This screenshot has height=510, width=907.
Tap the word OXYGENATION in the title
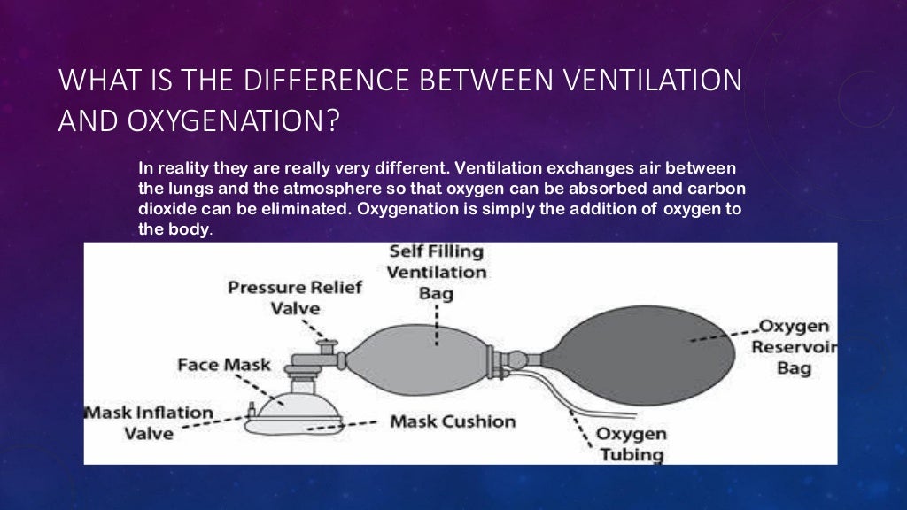coord(221,120)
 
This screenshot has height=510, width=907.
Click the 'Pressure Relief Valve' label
coord(295,297)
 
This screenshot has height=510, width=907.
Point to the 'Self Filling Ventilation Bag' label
coord(437,272)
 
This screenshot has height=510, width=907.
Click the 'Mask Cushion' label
coord(453,421)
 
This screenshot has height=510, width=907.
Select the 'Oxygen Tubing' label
coord(630,444)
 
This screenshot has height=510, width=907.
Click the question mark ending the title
coord(332,120)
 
